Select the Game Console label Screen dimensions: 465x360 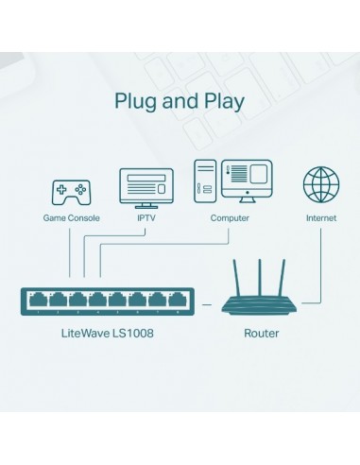70,218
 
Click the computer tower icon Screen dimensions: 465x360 204,181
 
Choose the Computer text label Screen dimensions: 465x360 230,218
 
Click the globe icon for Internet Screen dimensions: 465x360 320,183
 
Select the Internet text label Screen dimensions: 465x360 320,218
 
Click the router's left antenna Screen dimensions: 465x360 237,274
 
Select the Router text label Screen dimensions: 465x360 261,334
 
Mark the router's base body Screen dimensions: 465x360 261,304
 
